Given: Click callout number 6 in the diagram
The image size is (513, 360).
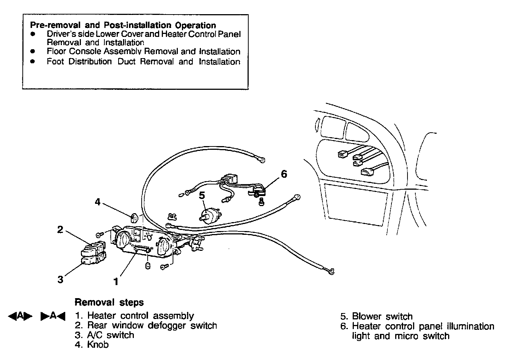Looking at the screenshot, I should click(284, 174).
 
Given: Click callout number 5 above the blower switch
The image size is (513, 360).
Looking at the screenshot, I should click(202, 195).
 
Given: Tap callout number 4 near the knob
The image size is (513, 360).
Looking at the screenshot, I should click(98, 202).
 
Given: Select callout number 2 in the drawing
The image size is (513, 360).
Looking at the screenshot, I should click(60, 230).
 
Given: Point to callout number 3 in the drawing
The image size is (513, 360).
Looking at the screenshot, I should click(60, 279).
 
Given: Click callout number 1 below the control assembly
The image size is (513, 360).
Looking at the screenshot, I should click(116, 281).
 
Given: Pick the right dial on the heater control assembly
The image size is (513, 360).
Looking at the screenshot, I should click(163, 246).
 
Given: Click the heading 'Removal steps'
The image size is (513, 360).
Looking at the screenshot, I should click(109, 302).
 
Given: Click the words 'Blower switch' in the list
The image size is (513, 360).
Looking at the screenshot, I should click(382, 317).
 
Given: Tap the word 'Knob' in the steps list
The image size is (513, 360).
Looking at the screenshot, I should click(98, 345).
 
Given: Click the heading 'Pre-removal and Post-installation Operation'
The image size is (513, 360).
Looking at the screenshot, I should click(123, 25).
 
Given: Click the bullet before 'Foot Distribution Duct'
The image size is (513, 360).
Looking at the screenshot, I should click(33, 61).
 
